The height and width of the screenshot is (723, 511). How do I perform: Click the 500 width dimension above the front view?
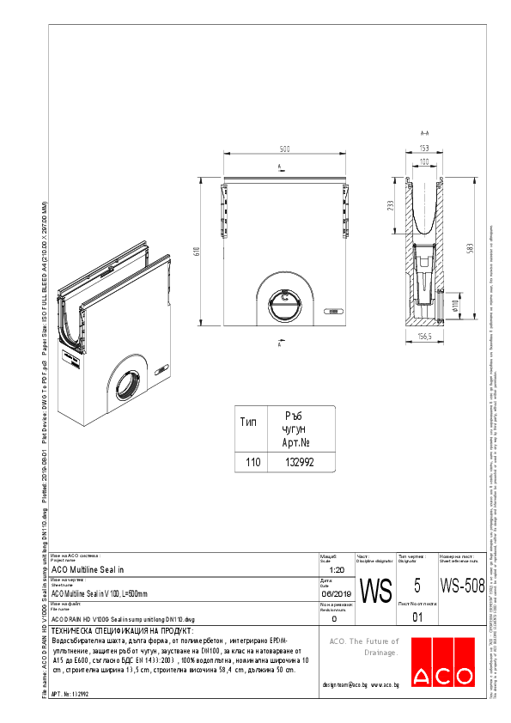tap(284, 149)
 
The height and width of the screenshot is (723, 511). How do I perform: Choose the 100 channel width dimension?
tap(423, 161)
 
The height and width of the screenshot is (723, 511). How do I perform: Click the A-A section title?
tap(423, 134)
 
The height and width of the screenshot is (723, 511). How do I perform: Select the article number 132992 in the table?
tap(299, 462)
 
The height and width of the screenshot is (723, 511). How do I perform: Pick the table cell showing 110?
tap(253, 462)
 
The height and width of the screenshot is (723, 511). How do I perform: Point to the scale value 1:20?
tap(337, 569)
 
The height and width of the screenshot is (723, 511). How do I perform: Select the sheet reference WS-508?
tap(456, 586)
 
